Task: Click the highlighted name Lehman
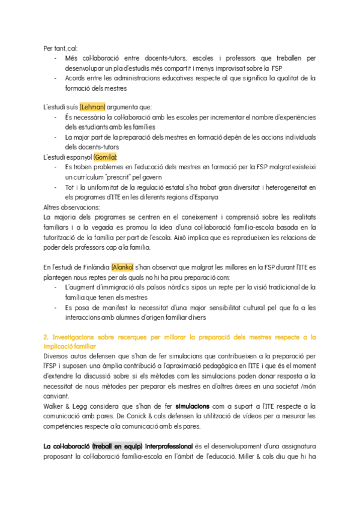point(92,107)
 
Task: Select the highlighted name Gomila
point(106,157)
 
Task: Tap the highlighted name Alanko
point(122,267)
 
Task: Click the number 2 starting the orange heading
point(46,337)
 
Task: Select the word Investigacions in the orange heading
point(72,337)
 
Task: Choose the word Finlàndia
point(92,267)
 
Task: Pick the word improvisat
point(232,68)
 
